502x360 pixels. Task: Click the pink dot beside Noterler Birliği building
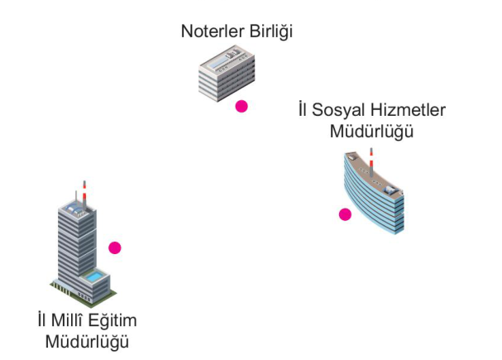pyautogui.click(x=241, y=106)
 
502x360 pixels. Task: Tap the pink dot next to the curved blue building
pyautogui.click(x=345, y=214)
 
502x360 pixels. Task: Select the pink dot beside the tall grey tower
pyautogui.click(x=115, y=247)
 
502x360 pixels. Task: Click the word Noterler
pyautogui.click(x=210, y=32)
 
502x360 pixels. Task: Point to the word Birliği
pyautogui.click(x=270, y=32)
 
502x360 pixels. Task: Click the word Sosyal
pyautogui.click(x=341, y=109)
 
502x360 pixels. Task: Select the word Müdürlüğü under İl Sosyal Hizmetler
pyautogui.click(x=371, y=131)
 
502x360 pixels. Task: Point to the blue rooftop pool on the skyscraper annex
pyautogui.click(x=98, y=276)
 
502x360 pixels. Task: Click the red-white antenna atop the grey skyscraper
pyautogui.click(x=82, y=189)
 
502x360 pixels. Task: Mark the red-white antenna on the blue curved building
pyautogui.click(x=372, y=156)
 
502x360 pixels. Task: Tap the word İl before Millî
pyautogui.click(x=43, y=320)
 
